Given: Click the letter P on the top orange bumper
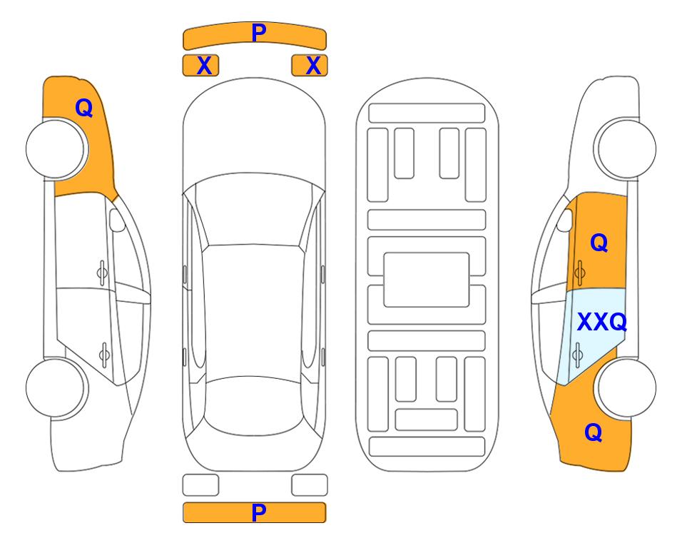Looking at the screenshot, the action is (259, 32).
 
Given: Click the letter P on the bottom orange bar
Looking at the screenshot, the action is (259, 512).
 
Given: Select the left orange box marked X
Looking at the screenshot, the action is (200, 66).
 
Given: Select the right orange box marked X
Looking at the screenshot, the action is (310, 66).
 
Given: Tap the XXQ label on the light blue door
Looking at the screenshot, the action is (601, 323).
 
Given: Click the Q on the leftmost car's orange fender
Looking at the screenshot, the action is (83, 108).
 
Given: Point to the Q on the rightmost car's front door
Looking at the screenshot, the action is (599, 243).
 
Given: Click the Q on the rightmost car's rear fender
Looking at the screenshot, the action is (594, 432).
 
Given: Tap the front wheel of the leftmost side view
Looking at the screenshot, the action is (57, 149).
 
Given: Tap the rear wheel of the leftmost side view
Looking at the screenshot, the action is (57, 387).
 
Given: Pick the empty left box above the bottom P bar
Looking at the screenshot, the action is (200, 485).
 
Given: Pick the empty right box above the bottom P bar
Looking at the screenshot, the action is (310, 485).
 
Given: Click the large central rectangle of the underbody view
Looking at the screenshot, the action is (427, 280).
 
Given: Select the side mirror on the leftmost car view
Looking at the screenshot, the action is (116, 220).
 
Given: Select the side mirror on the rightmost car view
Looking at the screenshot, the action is (565, 220).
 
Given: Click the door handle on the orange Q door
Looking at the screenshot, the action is (580, 273).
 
